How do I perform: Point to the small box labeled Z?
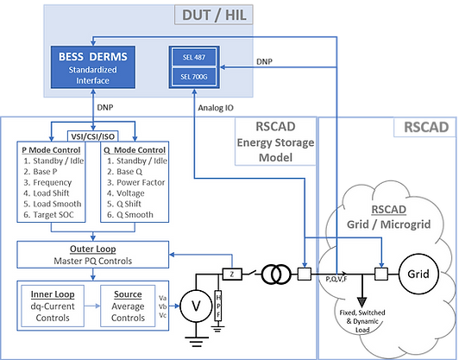(x=233, y=275)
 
